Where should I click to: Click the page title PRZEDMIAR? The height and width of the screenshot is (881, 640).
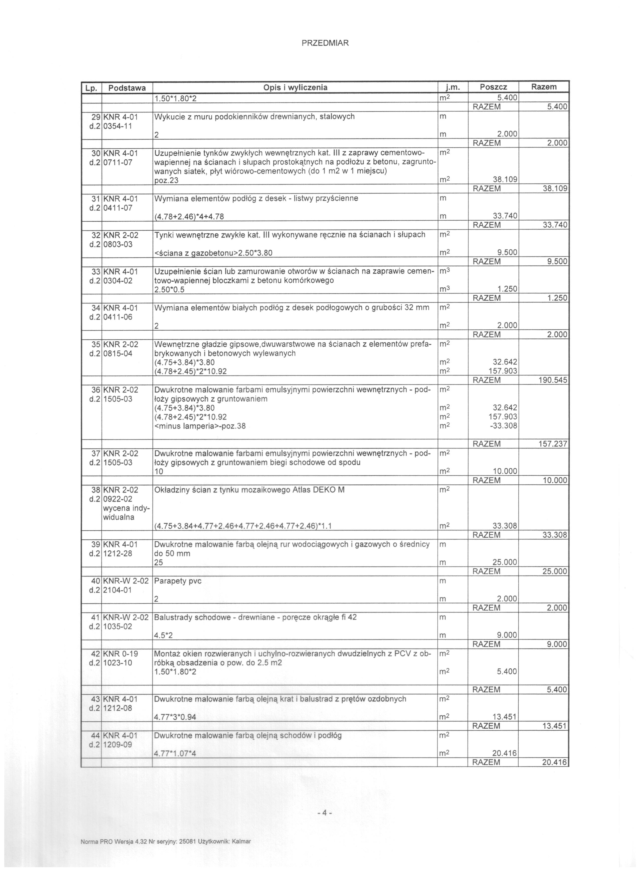point(325,43)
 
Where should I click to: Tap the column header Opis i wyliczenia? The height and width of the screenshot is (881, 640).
point(295,87)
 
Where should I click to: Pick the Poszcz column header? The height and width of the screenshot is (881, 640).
point(493,87)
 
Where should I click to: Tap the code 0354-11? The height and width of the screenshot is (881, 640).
point(118,125)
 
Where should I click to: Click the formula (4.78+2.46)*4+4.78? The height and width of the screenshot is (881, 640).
point(189,216)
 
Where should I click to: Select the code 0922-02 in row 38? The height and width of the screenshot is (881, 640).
point(118,499)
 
